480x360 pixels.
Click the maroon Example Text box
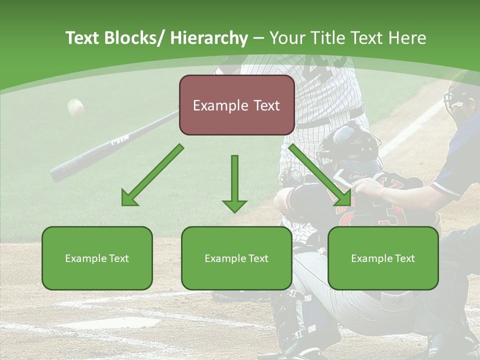(236, 105)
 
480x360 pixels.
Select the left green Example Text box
(97, 258)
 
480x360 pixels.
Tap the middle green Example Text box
(236, 258)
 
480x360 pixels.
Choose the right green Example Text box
(383, 258)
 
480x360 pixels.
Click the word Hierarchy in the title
(209, 38)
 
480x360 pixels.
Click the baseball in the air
(75, 107)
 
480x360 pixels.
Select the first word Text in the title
(83, 38)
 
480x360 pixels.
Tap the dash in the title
(258, 38)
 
